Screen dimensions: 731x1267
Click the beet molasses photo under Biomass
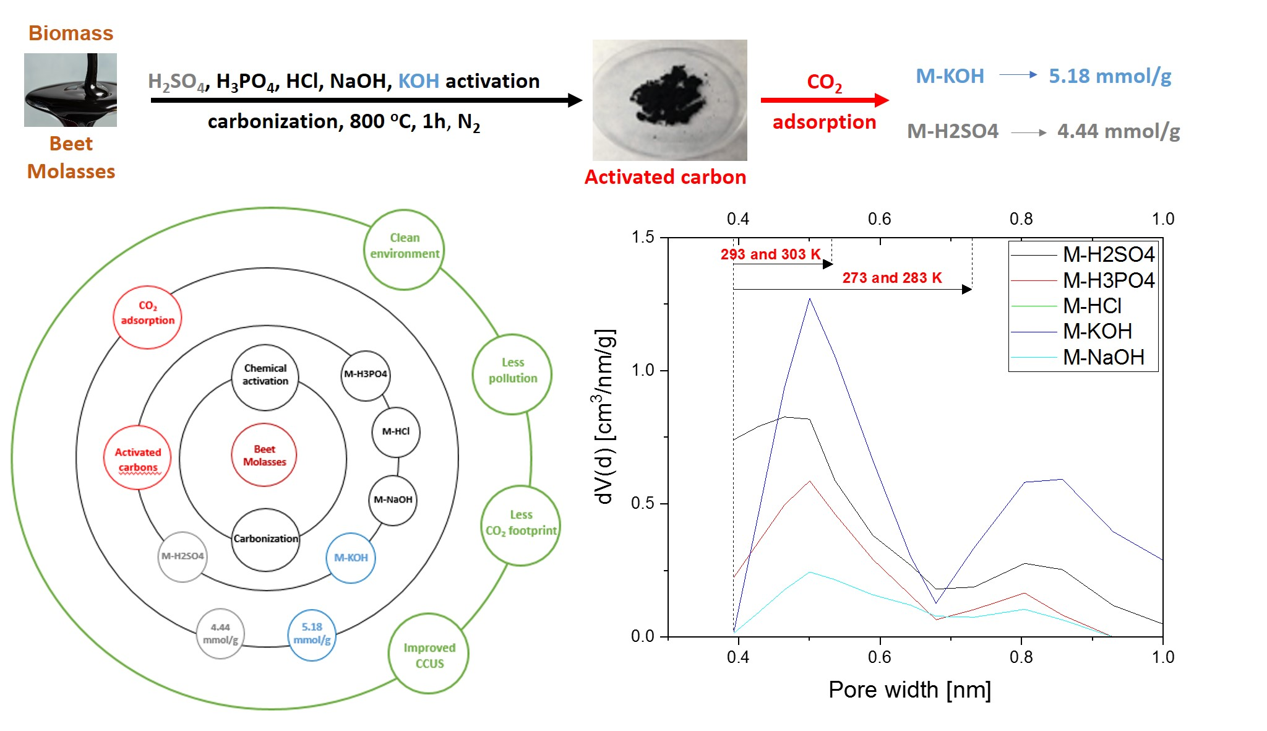(x=71, y=90)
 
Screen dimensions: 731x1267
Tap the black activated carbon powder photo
(x=669, y=100)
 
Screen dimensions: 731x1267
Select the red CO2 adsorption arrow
(x=824, y=100)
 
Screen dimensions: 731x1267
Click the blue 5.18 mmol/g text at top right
(x=1109, y=76)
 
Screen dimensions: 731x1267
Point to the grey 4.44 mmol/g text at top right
(x=1118, y=131)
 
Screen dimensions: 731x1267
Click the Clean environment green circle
(x=404, y=249)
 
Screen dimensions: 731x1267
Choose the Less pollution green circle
(x=512, y=374)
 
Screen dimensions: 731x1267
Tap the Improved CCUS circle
(x=429, y=654)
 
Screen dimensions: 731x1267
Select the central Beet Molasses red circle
(x=264, y=455)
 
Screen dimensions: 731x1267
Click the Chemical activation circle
(x=265, y=377)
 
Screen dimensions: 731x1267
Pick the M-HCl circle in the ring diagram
(x=396, y=432)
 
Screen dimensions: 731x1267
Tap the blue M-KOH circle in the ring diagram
(x=351, y=558)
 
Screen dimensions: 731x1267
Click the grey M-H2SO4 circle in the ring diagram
(x=183, y=556)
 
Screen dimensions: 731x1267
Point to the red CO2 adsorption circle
(x=148, y=318)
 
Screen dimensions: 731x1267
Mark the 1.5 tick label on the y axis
(x=642, y=237)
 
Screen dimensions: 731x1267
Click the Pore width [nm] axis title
(x=909, y=690)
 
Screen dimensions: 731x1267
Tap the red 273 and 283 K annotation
(x=891, y=278)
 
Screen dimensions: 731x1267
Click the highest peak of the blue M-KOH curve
(x=809, y=299)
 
